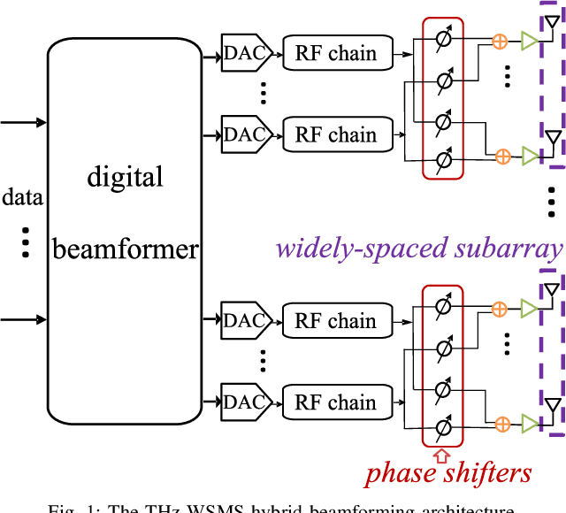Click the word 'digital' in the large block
pos(125,177)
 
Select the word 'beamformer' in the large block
pos(125,249)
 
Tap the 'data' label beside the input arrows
pos(22,196)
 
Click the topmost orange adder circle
pos(501,41)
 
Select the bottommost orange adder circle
pos(501,423)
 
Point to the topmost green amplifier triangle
pos(529,41)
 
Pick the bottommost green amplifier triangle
pos(529,423)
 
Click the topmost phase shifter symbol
pos(443,40)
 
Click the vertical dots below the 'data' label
pos(26,241)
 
